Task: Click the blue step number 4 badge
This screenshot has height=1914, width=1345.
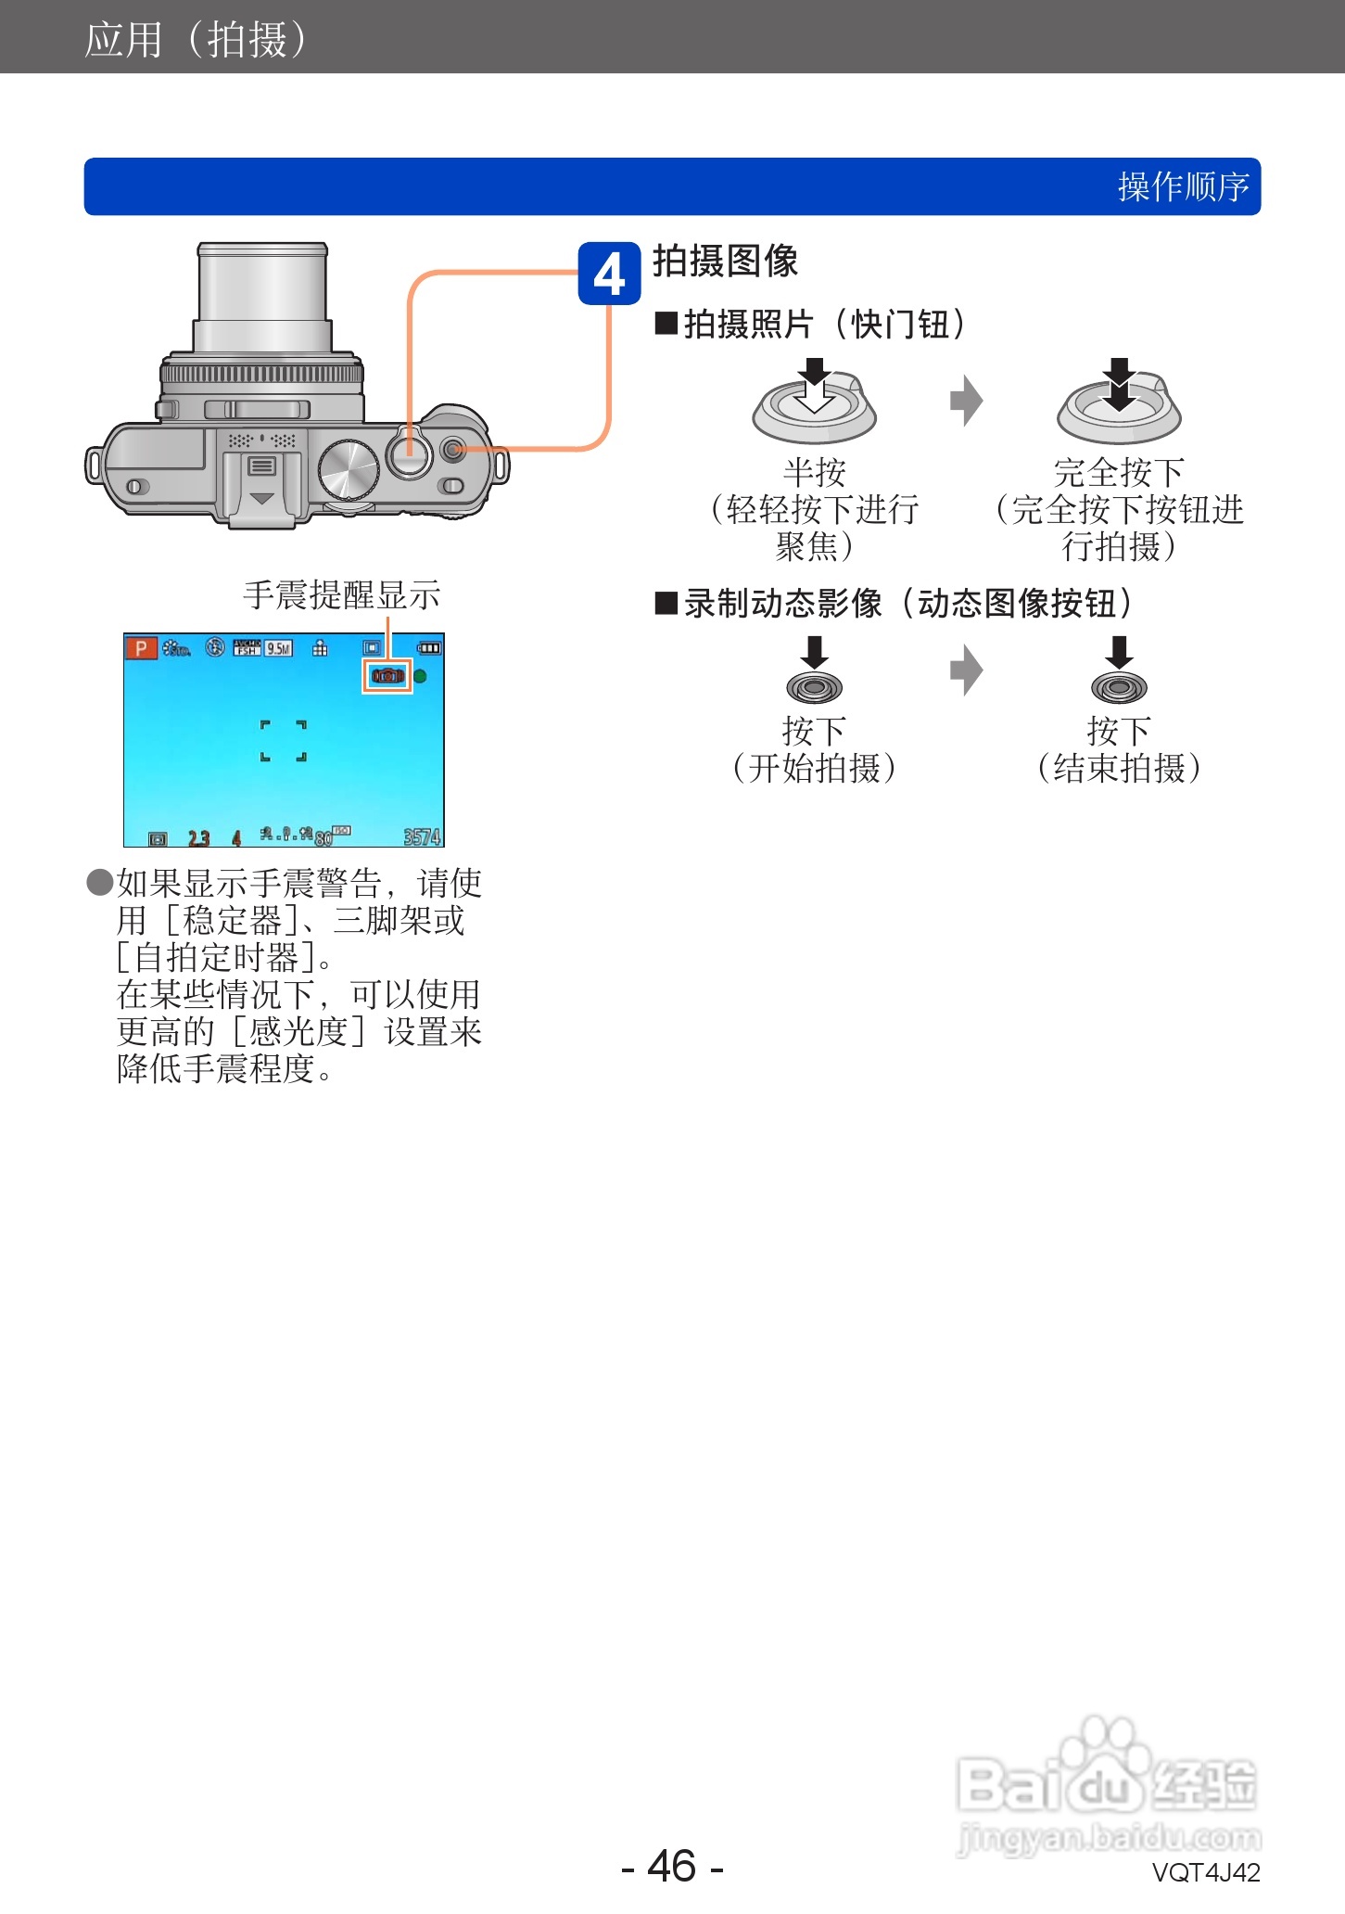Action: [609, 274]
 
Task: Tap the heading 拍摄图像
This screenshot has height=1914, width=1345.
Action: [725, 262]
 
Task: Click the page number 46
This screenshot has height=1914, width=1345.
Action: [672, 1866]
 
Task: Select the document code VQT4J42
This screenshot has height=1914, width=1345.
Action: [1205, 1873]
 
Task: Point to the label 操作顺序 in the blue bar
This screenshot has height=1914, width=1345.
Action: [1183, 187]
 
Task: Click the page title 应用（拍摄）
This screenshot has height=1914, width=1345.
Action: [196, 39]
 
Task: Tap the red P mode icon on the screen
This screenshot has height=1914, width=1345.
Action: [141, 648]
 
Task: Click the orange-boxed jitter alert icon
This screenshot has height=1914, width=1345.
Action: [387, 676]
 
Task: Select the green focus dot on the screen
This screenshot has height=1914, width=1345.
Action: [420, 676]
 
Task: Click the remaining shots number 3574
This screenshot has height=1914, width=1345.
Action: [422, 837]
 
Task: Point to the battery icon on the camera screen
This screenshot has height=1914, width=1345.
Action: [429, 648]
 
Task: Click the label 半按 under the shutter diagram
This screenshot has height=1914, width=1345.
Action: [814, 472]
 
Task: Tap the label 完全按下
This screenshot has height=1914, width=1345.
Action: [1119, 472]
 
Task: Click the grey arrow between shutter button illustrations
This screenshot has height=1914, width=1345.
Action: [966, 401]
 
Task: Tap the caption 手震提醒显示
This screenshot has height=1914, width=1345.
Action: [341, 595]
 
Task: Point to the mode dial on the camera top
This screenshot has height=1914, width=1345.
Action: [349, 470]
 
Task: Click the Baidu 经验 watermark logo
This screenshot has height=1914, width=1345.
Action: [1108, 1785]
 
